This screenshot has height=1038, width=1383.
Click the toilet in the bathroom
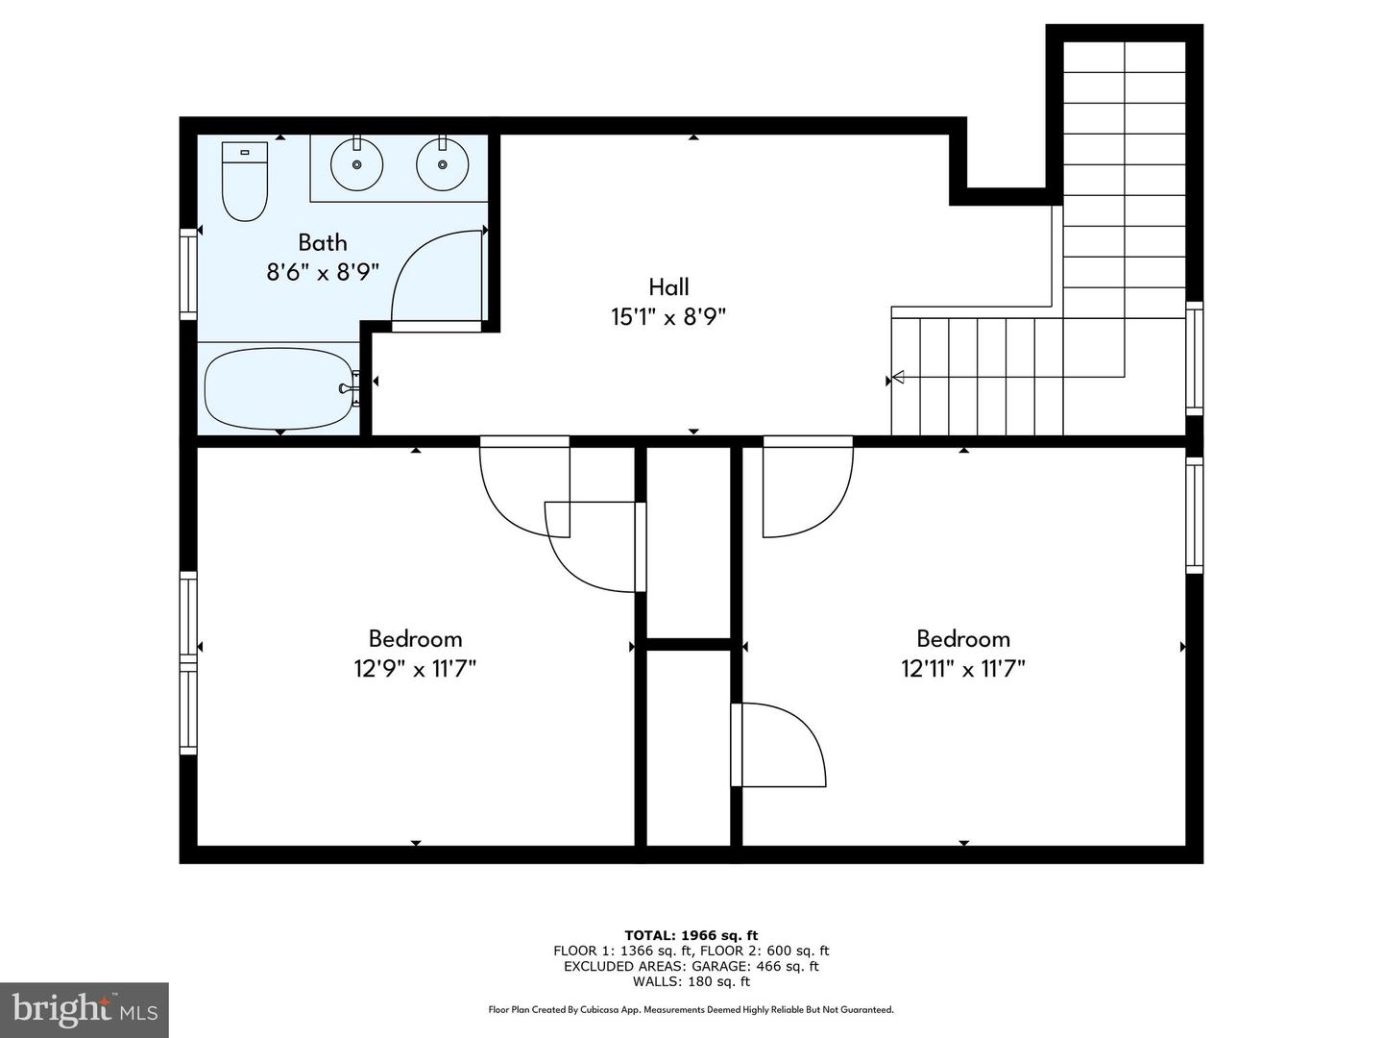tap(244, 181)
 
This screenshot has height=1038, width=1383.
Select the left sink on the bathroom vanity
tap(357, 164)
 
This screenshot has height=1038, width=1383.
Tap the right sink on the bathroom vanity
tap(443, 164)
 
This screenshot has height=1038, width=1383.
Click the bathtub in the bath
tap(279, 388)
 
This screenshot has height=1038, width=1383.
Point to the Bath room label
tap(323, 243)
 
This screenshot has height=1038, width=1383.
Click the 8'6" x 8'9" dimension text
tap(323, 273)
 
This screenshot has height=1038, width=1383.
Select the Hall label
tap(668, 287)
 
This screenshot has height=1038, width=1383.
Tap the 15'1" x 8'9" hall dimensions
tap(668, 317)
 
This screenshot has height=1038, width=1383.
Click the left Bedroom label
tap(415, 639)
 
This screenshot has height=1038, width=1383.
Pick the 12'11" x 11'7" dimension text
tap(962, 669)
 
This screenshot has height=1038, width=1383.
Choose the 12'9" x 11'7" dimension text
tap(415, 669)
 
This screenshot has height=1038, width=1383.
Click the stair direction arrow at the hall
tap(898, 378)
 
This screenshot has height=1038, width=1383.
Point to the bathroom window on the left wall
tap(188, 274)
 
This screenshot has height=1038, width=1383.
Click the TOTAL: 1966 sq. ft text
tap(691, 935)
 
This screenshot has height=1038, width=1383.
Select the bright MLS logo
tap(85, 1009)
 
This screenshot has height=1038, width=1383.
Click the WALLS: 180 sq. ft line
tap(691, 982)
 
